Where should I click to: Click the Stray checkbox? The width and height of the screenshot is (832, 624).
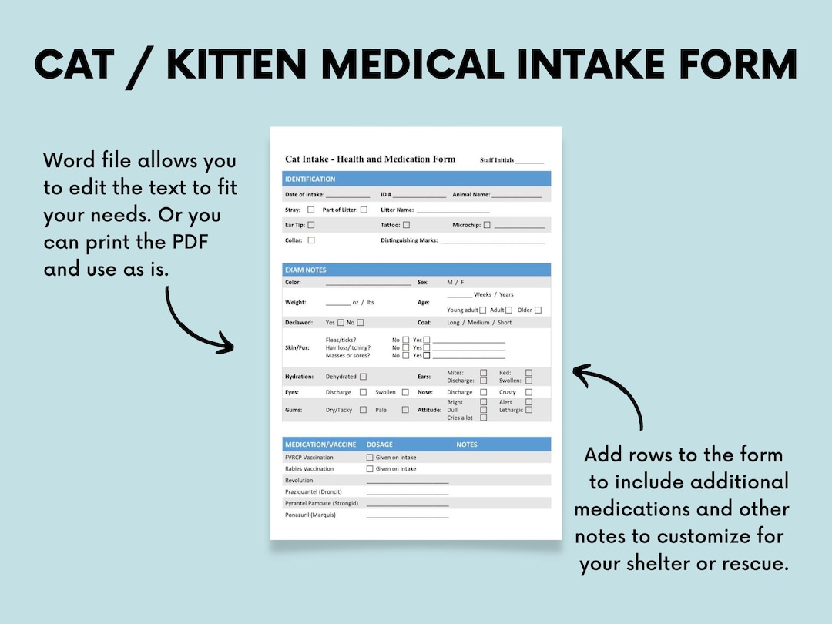tap(311, 210)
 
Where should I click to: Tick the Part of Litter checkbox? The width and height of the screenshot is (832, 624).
tap(364, 210)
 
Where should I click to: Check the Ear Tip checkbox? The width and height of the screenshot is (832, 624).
tap(311, 225)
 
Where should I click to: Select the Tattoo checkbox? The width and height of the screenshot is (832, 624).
tap(406, 225)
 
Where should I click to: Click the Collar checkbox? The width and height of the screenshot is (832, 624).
tap(311, 240)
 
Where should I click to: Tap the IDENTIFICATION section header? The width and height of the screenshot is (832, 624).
tap(310, 179)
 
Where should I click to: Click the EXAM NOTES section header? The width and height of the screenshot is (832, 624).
tap(306, 270)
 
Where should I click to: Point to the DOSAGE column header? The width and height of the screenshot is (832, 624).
tap(380, 445)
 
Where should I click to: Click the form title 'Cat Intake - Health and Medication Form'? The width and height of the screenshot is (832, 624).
tap(370, 159)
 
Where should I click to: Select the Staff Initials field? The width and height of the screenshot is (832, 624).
tap(529, 161)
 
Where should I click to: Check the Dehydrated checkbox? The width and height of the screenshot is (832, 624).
tap(363, 377)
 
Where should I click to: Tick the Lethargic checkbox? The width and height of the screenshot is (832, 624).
tap(528, 410)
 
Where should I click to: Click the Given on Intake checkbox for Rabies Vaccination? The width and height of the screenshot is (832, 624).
tap(370, 468)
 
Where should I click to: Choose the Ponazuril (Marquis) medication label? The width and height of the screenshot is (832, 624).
tap(310, 515)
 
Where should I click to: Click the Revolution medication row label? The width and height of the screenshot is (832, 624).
tap(299, 480)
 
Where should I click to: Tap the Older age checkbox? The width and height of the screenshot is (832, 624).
tap(538, 310)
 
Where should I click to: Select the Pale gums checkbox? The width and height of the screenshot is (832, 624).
tap(405, 410)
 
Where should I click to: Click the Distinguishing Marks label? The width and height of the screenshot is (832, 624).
tap(409, 240)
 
